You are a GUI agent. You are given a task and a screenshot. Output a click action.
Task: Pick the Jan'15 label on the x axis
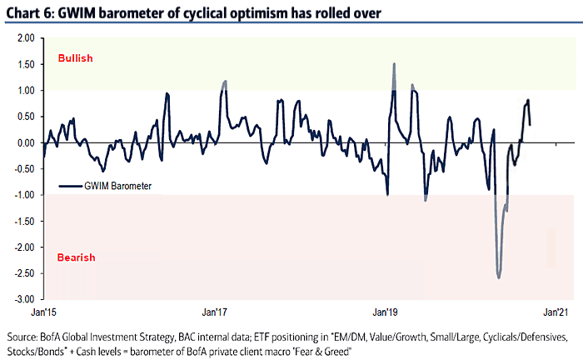tap(43, 312)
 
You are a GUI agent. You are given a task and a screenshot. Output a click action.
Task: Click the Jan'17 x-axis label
tap(216, 312)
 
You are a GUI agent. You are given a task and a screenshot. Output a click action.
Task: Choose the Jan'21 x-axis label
tap(556, 312)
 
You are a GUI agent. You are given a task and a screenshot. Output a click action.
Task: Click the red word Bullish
tap(74, 59)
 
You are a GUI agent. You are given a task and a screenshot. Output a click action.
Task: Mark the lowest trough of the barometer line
tap(498, 277)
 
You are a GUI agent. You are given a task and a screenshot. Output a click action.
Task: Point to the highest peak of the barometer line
tap(393, 63)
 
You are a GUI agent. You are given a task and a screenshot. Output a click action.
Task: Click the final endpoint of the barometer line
tap(531, 124)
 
